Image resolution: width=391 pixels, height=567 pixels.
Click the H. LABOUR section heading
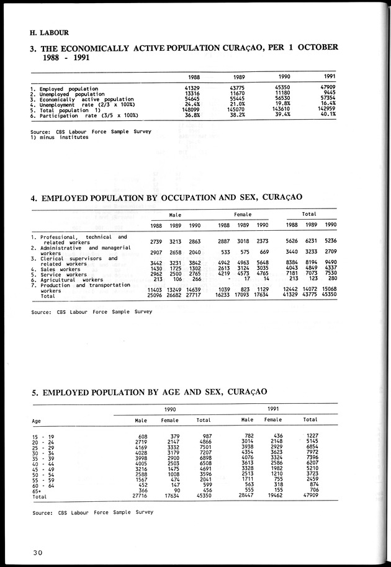click(x=49, y=32)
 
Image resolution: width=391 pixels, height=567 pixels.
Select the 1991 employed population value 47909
click(x=327, y=89)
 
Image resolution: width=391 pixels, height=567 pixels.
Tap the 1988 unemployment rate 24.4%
click(x=190, y=104)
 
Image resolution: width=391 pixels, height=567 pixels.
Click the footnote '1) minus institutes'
click(x=59, y=136)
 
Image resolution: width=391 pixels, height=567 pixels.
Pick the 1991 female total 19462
click(x=273, y=497)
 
